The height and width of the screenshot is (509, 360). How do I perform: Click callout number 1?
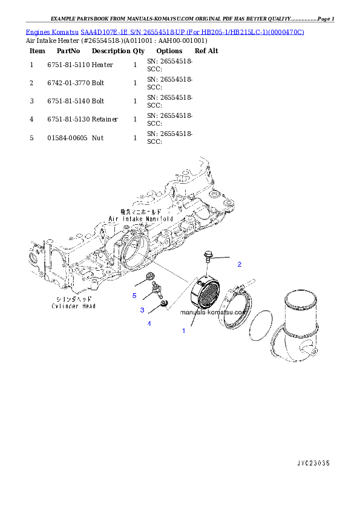point(183,331)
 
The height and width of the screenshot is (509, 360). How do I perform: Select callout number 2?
point(239,264)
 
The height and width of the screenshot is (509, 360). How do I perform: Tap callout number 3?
point(142,310)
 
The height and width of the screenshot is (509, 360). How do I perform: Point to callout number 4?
point(149,323)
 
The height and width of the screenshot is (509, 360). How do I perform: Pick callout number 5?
point(134,296)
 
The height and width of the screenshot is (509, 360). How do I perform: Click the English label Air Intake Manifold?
point(140,218)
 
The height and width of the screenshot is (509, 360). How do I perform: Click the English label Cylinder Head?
point(73,306)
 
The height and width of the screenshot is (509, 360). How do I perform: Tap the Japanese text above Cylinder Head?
point(73,299)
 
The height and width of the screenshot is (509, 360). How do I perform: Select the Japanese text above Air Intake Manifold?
point(140,212)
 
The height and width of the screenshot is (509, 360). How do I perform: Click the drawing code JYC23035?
point(313,463)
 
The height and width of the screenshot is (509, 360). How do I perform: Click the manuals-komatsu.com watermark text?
point(213,313)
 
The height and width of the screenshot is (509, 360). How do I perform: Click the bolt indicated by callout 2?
point(208,256)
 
